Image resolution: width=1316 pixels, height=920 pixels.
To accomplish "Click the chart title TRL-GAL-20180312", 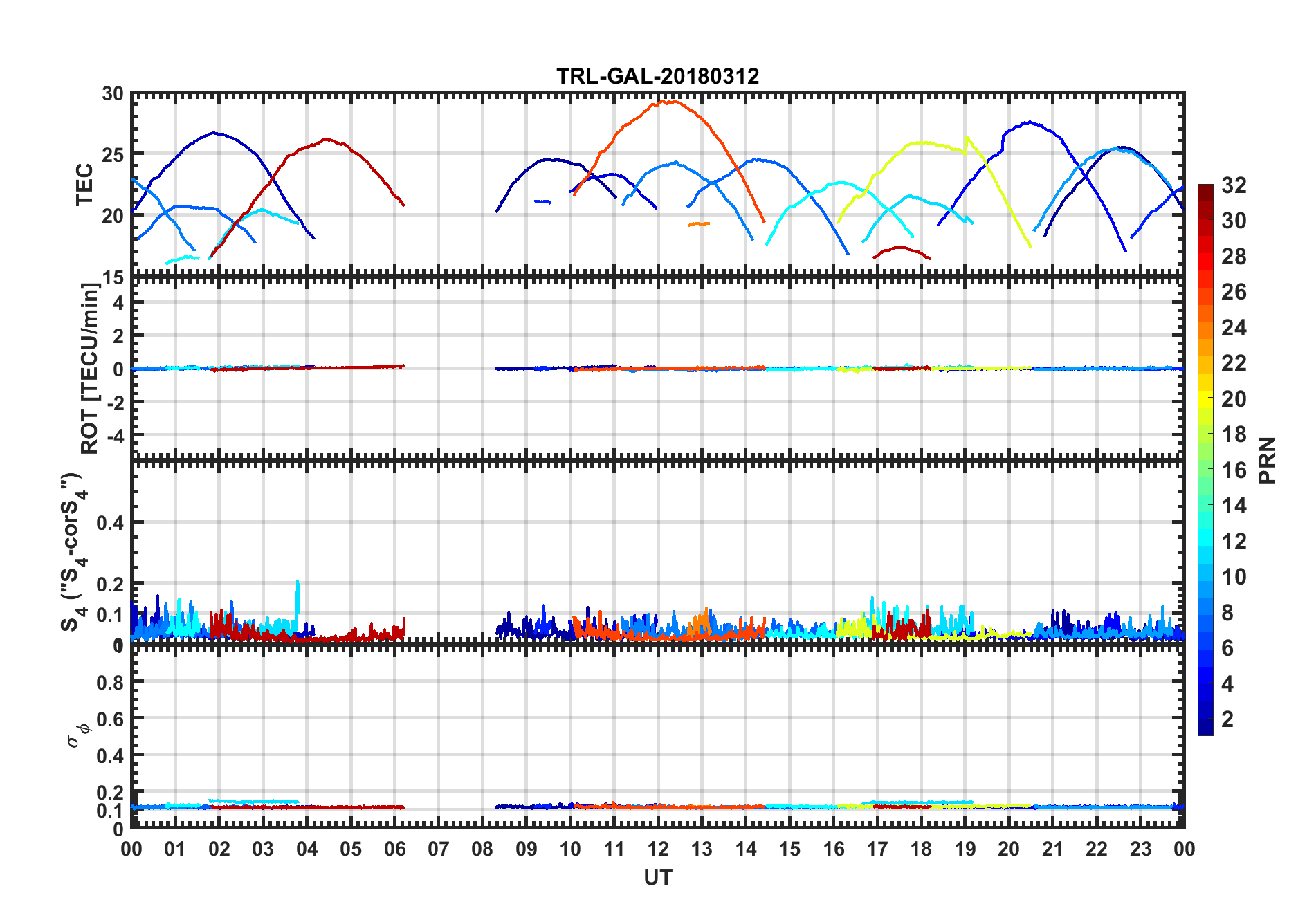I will pyautogui.click(x=657, y=76).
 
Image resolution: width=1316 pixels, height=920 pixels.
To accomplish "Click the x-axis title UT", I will pyautogui.click(x=657, y=878).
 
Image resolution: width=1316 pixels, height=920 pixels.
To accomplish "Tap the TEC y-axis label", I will pyautogui.click(x=84, y=185).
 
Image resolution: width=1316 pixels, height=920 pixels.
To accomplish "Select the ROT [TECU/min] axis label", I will pyautogui.click(x=90, y=368).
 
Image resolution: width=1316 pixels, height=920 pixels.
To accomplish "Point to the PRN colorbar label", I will pyautogui.click(x=1268, y=461).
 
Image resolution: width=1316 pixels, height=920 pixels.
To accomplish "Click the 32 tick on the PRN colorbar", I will pyautogui.click(x=1234, y=185).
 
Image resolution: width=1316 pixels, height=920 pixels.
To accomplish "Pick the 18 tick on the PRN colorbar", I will pyautogui.click(x=1234, y=434).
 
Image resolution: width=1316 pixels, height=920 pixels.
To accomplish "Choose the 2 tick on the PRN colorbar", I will pyautogui.click(x=1227, y=719).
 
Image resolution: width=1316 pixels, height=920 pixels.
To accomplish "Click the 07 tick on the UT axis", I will pyautogui.click(x=439, y=849).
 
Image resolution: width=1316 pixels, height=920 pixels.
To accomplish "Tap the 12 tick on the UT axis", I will pyautogui.click(x=658, y=849).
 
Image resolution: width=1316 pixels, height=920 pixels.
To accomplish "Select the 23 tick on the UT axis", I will pyautogui.click(x=1140, y=849).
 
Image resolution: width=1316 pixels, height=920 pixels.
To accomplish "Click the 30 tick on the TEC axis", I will pyautogui.click(x=113, y=94).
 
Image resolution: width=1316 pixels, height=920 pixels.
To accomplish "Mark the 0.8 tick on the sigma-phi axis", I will pyautogui.click(x=111, y=683).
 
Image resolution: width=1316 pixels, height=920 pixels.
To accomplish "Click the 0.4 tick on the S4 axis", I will pyautogui.click(x=111, y=523).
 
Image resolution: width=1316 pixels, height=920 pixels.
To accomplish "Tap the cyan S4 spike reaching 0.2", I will pyautogui.click(x=298, y=583).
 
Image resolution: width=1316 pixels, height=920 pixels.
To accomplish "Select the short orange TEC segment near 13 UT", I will pyautogui.click(x=699, y=224).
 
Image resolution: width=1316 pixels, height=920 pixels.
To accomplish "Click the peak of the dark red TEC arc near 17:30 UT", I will pyautogui.click(x=900, y=248).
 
